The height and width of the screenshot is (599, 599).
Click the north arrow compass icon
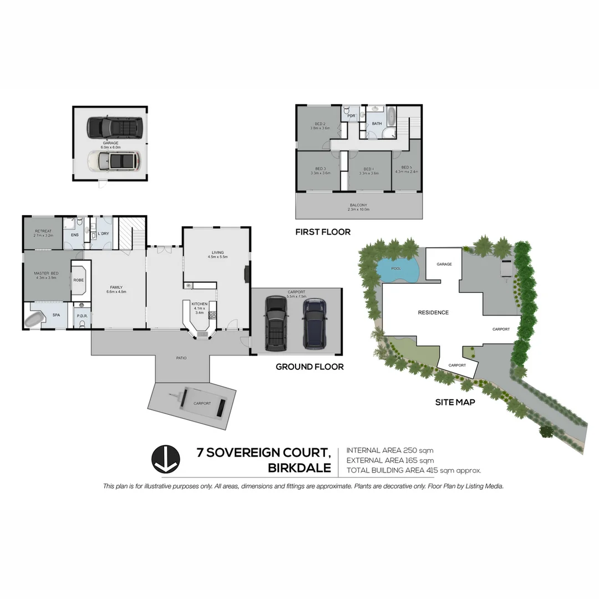(166, 459)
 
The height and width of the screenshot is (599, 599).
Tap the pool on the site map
(398, 271)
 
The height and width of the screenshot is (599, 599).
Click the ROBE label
(79, 280)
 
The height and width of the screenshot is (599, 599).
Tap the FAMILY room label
(116, 287)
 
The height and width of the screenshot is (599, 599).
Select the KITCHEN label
(199, 304)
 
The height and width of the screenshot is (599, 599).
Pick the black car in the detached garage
(115, 127)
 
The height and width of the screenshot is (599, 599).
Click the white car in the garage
(114, 161)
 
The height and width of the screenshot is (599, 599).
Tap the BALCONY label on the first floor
(358, 205)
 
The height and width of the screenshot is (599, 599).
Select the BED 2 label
(319, 124)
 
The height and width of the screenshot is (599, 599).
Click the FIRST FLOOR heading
(323, 232)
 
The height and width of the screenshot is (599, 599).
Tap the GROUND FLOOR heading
(309, 367)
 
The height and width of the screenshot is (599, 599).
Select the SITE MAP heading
(455, 402)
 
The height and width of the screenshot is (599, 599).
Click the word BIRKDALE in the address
(299, 468)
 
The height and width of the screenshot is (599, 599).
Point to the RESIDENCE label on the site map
(433, 312)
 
